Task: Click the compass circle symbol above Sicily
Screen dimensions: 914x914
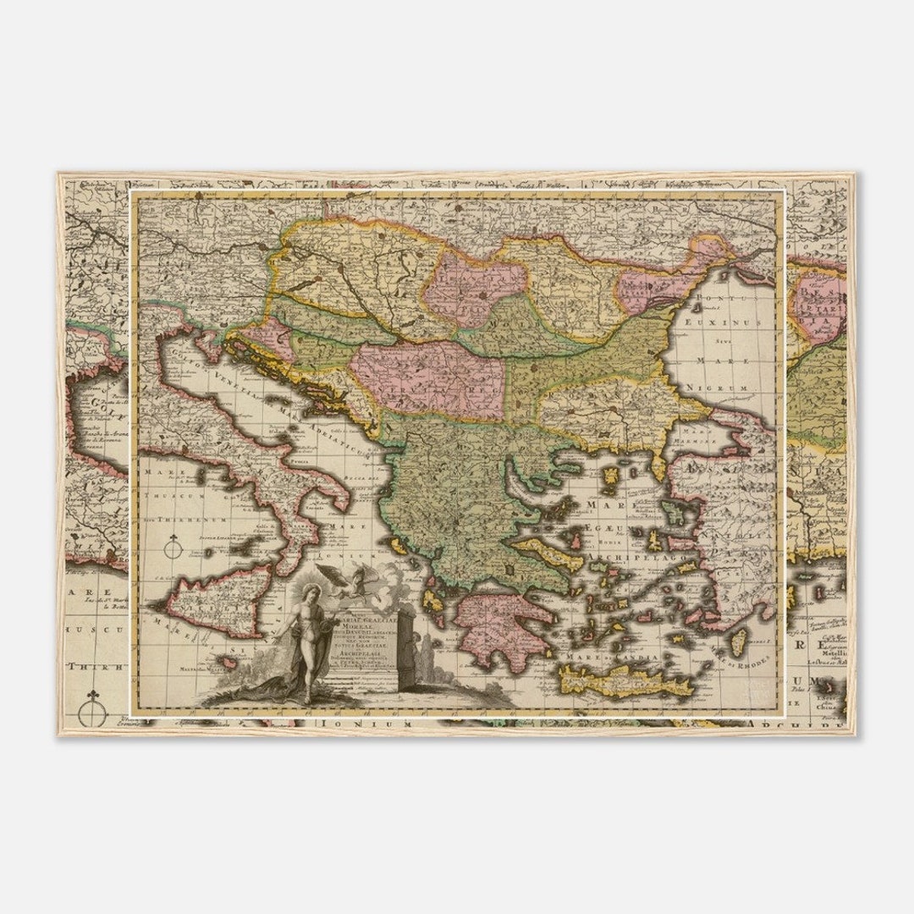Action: [x=173, y=548]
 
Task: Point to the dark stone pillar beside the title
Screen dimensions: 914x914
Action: [x=405, y=652]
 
